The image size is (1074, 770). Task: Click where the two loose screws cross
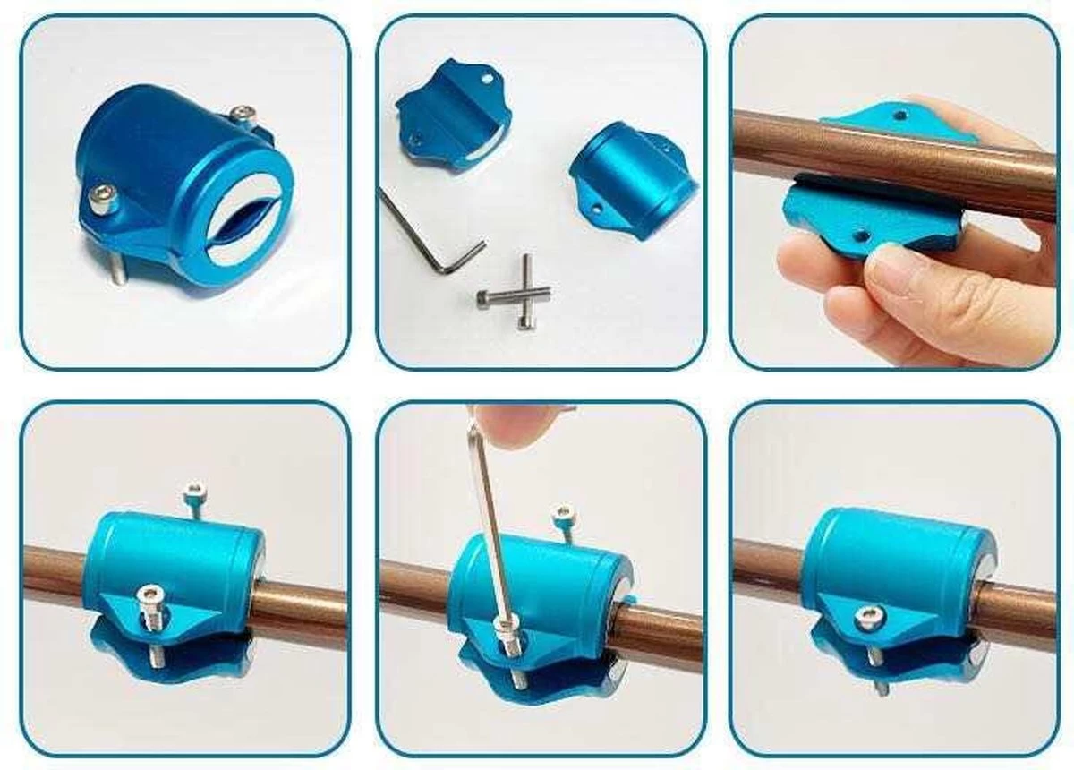click(x=524, y=292)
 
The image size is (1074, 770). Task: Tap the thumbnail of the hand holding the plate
click(x=894, y=192)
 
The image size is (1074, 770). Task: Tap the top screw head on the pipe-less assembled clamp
click(x=241, y=114)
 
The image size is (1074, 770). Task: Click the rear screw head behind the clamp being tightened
click(x=564, y=514)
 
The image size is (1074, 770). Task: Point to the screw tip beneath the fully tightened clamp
click(x=881, y=687)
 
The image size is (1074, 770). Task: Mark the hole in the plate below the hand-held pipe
click(x=862, y=235)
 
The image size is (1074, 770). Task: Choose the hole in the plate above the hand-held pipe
click(x=901, y=115)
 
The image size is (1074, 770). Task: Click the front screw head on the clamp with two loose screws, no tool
click(x=150, y=593)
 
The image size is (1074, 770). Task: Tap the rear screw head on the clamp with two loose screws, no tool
click(x=192, y=490)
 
